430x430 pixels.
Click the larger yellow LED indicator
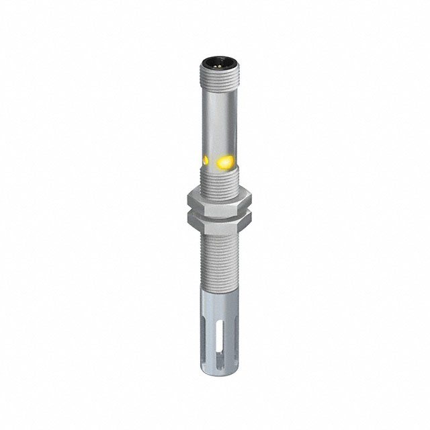225,161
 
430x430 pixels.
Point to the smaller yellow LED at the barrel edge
203,160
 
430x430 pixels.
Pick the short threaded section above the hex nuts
216,180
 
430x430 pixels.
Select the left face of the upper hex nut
191,199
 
